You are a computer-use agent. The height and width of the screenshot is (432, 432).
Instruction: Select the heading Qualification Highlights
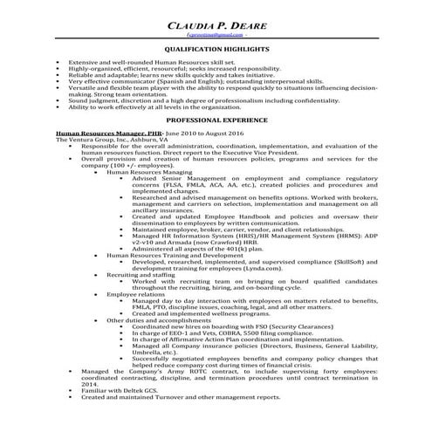(x=216, y=51)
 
